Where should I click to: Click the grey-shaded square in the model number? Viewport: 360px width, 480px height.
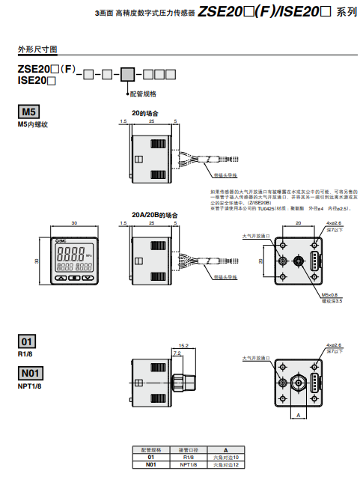[x=127, y=74]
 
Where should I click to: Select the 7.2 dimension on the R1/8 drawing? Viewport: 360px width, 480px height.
[x=177, y=352]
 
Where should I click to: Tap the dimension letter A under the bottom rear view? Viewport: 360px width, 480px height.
[x=297, y=413]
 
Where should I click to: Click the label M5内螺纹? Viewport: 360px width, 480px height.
[x=32, y=124]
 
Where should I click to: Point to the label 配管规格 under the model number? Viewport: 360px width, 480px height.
[x=143, y=94]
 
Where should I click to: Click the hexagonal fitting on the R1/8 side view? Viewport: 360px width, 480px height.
[x=179, y=379]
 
